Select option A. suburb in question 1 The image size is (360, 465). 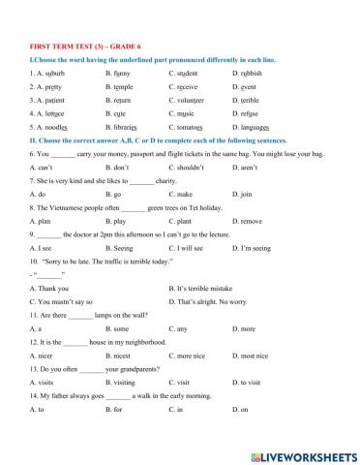click(48, 73)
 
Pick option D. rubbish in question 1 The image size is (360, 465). click(251, 73)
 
